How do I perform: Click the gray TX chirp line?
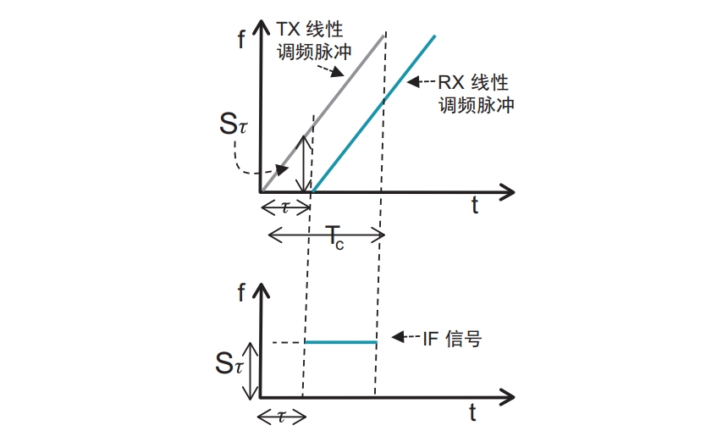pos(339,93)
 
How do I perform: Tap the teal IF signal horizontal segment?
pos(339,342)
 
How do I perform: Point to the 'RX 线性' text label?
pos(473,83)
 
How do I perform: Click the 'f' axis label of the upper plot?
pos(242,40)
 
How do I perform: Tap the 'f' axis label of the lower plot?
pos(242,293)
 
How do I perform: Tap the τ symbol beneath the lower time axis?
pos(280,415)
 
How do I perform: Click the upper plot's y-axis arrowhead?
pos(262,35)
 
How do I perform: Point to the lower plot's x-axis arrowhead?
pos(507,396)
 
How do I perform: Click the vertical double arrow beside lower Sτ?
pos(249,369)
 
